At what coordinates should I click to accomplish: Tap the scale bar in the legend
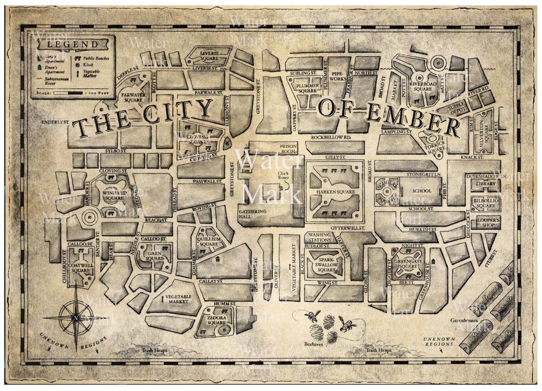point(68,93)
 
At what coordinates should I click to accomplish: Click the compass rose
point(76,318)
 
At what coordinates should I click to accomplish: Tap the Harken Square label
point(332,192)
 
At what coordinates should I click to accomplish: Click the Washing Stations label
point(320,237)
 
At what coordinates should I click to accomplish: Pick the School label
point(422,191)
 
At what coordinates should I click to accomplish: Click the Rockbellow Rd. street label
point(331,137)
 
